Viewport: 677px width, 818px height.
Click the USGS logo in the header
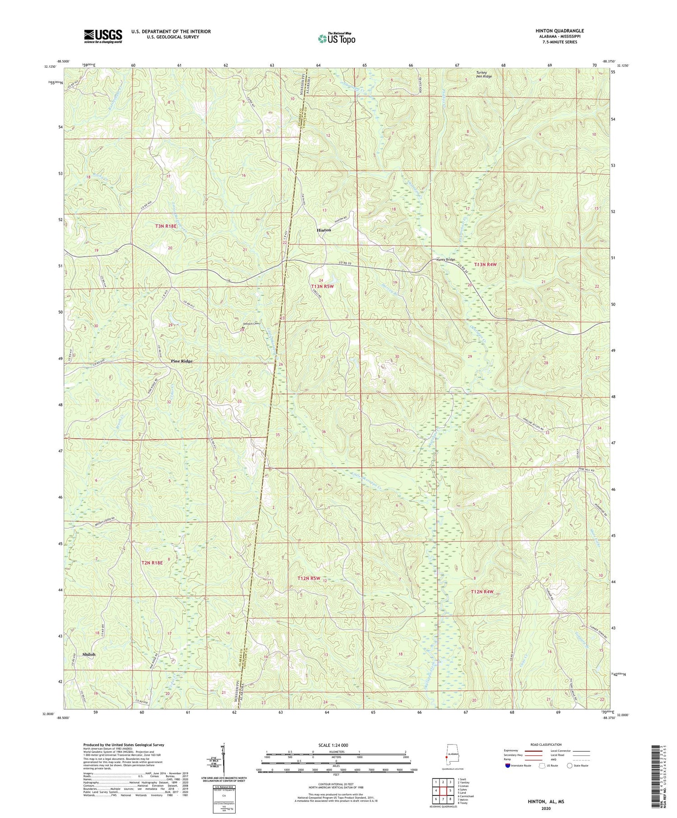click(x=102, y=36)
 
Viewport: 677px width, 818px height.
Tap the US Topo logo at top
click(x=336, y=39)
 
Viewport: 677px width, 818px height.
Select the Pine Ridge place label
click(x=182, y=361)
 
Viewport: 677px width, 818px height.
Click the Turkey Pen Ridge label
click(x=483, y=74)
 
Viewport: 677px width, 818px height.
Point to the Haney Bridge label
click(x=446, y=259)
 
